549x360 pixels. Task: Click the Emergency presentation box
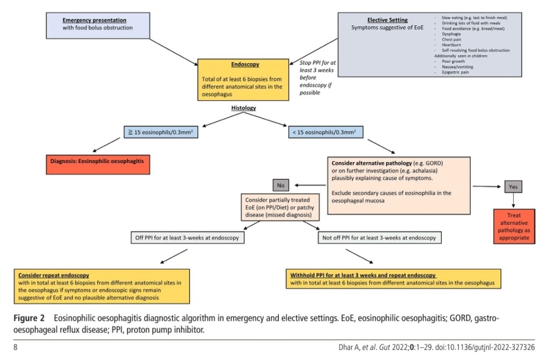click(98, 26)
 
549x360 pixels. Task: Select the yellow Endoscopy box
click(243, 79)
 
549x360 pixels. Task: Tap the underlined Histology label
click(243, 108)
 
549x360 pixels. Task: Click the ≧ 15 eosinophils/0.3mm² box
click(161, 132)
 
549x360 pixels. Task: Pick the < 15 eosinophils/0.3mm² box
click(325, 132)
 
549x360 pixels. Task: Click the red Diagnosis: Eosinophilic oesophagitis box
click(98, 164)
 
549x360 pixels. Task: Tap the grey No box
click(281, 185)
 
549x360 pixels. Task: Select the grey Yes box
click(513, 187)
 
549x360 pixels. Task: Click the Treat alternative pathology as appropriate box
click(514, 226)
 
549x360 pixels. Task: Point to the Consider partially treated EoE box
click(280, 207)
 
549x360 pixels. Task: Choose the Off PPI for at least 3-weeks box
click(187, 238)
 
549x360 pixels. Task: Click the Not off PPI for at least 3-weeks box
click(379, 238)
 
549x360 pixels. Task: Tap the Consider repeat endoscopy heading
click(54, 275)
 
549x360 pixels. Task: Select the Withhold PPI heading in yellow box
click(363, 275)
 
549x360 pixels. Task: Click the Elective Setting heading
click(387, 20)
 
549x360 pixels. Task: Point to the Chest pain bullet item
click(451, 39)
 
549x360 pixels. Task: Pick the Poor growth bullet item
click(453, 61)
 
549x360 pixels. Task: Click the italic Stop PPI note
click(317, 77)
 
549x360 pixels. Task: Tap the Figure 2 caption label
click(29, 318)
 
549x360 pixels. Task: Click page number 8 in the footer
click(16, 347)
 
